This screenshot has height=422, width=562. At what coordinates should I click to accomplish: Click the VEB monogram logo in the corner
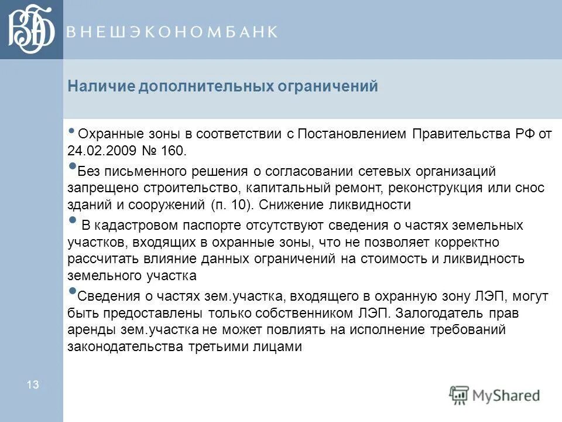31,29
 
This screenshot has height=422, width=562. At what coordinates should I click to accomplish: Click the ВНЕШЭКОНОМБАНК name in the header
172,32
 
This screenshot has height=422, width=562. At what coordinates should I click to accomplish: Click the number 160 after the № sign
176,150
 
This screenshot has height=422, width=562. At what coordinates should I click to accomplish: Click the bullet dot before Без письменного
72,166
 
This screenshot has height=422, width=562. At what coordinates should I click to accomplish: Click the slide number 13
32,384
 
